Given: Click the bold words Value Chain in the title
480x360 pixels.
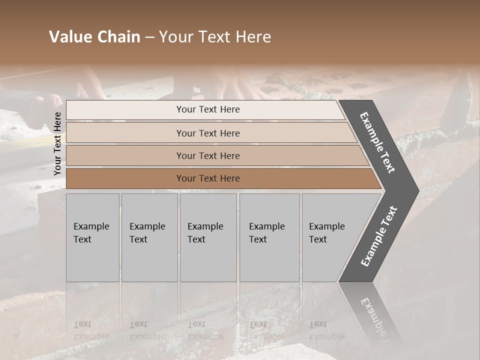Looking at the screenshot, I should [94, 37].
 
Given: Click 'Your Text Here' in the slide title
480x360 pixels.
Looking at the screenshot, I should [214, 37].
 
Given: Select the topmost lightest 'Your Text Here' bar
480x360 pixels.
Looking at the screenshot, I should [208, 109].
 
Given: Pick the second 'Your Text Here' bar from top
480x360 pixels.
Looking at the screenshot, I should [208, 133].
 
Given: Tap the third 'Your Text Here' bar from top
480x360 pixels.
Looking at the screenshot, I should [208, 155].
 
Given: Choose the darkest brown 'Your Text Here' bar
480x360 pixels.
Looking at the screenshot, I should [208, 178].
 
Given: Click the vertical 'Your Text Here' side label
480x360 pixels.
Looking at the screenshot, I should [57, 143].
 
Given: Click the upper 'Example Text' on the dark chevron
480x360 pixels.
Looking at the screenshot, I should [377, 142].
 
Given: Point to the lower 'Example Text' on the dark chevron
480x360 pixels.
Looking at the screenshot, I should [379, 236].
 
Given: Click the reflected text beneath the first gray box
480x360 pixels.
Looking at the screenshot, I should [91, 330].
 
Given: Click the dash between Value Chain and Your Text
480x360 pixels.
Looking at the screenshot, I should [149, 37].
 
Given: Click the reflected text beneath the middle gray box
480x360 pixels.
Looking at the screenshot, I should [205, 330].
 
